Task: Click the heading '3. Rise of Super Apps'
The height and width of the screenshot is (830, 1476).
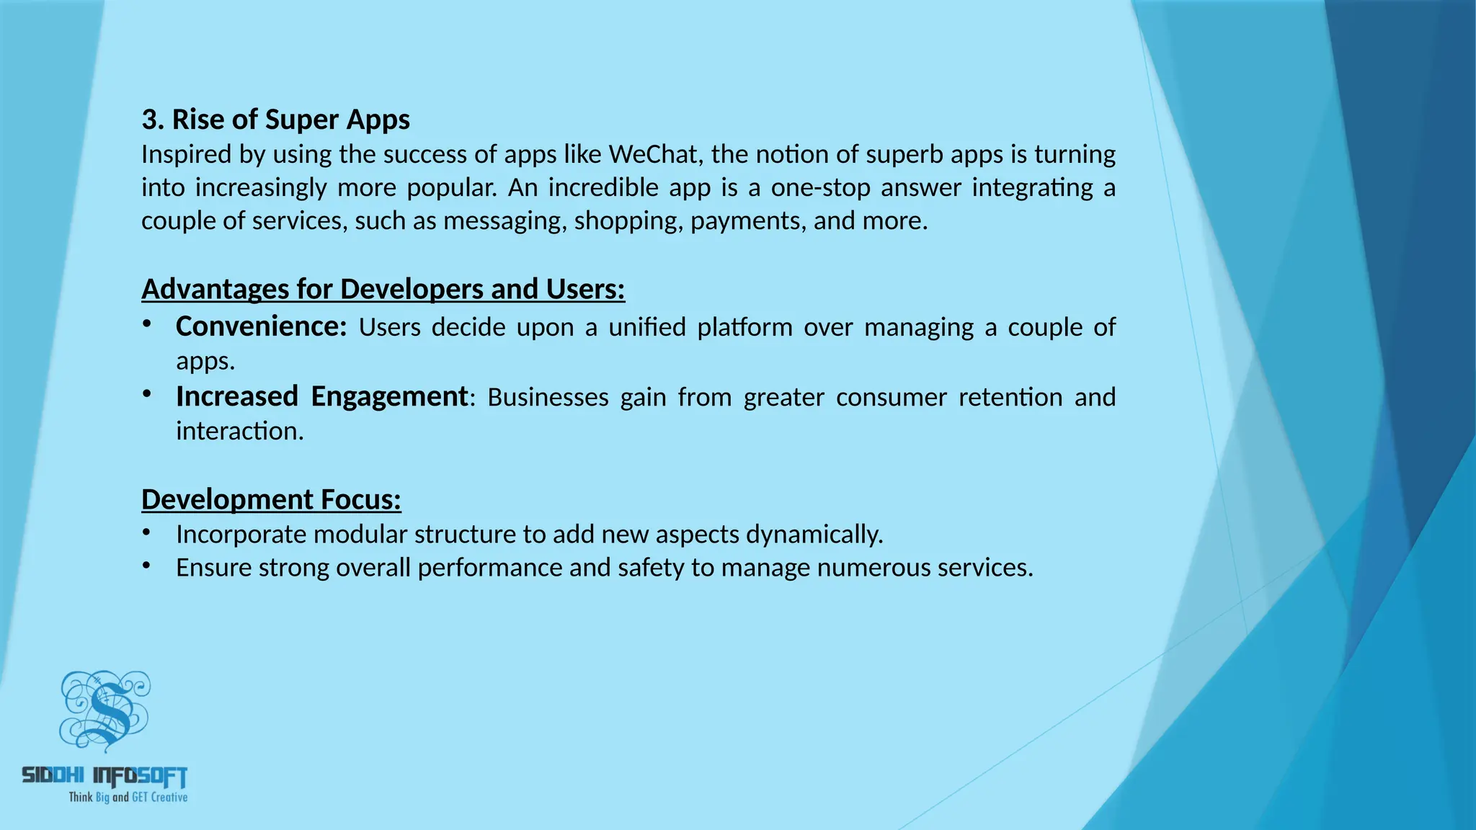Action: coord(275,120)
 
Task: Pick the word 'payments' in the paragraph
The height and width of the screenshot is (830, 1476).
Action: coord(746,220)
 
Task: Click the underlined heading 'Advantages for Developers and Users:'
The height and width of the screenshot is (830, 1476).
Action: coord(383,289)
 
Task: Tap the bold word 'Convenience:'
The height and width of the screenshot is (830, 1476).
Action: coord(261,326)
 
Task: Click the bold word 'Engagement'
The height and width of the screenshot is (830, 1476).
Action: coord(389,396)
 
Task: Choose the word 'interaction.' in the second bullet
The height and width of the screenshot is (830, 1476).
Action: coord(240,431)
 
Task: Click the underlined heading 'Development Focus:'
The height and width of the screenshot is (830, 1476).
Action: coord(271,499)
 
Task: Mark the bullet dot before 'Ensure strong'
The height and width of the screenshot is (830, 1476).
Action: coord(147,566)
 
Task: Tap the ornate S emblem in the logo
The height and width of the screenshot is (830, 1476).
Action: coord(107,710)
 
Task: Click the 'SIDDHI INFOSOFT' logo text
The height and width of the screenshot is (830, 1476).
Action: coord(105,775)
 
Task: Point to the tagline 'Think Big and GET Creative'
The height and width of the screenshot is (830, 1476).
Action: coord(128,797)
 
